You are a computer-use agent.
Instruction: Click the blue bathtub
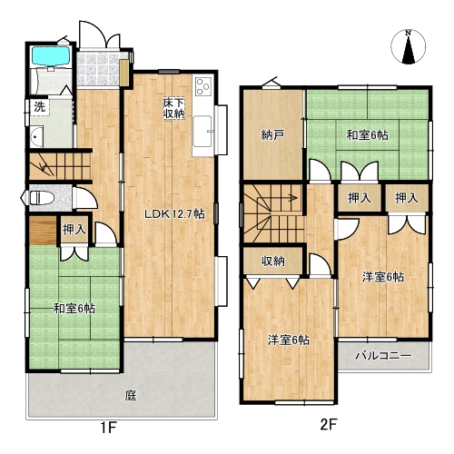pyautogui.click(x=51, y=56)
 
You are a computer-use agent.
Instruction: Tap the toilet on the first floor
pyautogui.click(x=42, y=199)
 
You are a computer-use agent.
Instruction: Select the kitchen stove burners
pyautogui.click(x=203, y=86)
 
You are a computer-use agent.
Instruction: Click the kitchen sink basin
pyautogui.click(x=202, y=131)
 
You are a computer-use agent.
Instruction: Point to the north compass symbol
pyautogui.click(x=409, y=46)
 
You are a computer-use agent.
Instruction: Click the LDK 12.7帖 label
pyautogui.click(x=174, y=214)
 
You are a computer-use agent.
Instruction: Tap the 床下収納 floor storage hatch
pyautogui.click(x=174, y=108)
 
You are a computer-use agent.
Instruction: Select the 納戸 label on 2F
pyautogui.click(x=272, y=135)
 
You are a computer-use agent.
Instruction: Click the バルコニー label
pyautogui.click(x=383, y=355)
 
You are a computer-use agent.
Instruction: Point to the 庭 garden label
pyautogui.click(x=131, y=395)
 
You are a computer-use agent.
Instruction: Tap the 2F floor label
pyautogui.click(x=329, y=425)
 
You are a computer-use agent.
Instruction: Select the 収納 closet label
pyautogui.click(x=273, y=261)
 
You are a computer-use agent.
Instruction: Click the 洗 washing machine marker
pyautogui.click(x=39, y=107)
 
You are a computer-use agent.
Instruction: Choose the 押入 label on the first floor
pyautogui.click(x=74, y=230)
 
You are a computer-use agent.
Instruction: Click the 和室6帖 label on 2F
pyautogui.click(x=367, y=135)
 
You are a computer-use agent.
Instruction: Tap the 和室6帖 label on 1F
pyautogui.click(x=74, y=309)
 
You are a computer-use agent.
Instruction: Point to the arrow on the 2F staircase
pyautogui.click(x=278, y=199)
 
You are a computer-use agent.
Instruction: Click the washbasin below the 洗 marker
pyautogui.click(x=36, y=137)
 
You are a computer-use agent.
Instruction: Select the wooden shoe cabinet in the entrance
pyautogui.click(x=123, y=73)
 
